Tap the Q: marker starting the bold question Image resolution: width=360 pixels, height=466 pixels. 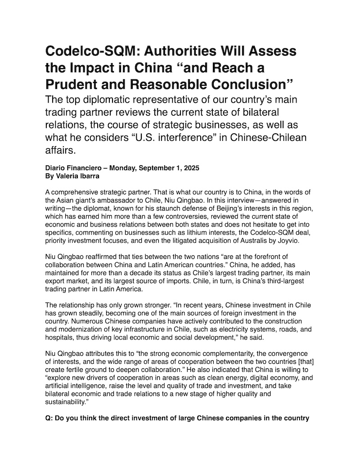coord(50,418)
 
